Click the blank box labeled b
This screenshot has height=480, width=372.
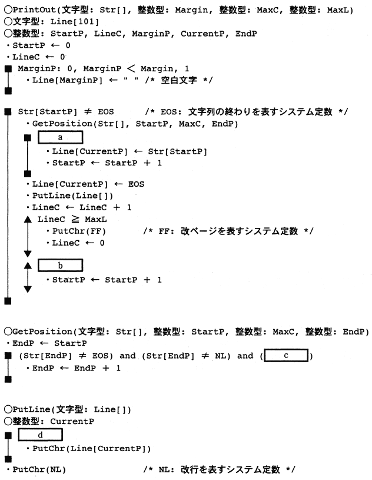click(60, 265)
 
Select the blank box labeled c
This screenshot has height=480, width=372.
click(287, 355)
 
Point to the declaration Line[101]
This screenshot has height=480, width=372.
click(59, 22)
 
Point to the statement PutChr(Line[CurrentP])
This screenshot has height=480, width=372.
click(92, 448)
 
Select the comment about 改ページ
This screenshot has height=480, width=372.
click(227, 230)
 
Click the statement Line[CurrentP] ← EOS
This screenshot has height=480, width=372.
click(88, 183)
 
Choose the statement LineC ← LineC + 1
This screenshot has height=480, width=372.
click(82, 207)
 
